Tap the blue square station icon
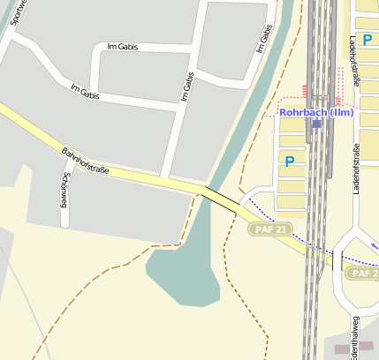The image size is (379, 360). tap(316, 124)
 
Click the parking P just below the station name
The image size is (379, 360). tap(289, 161)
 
